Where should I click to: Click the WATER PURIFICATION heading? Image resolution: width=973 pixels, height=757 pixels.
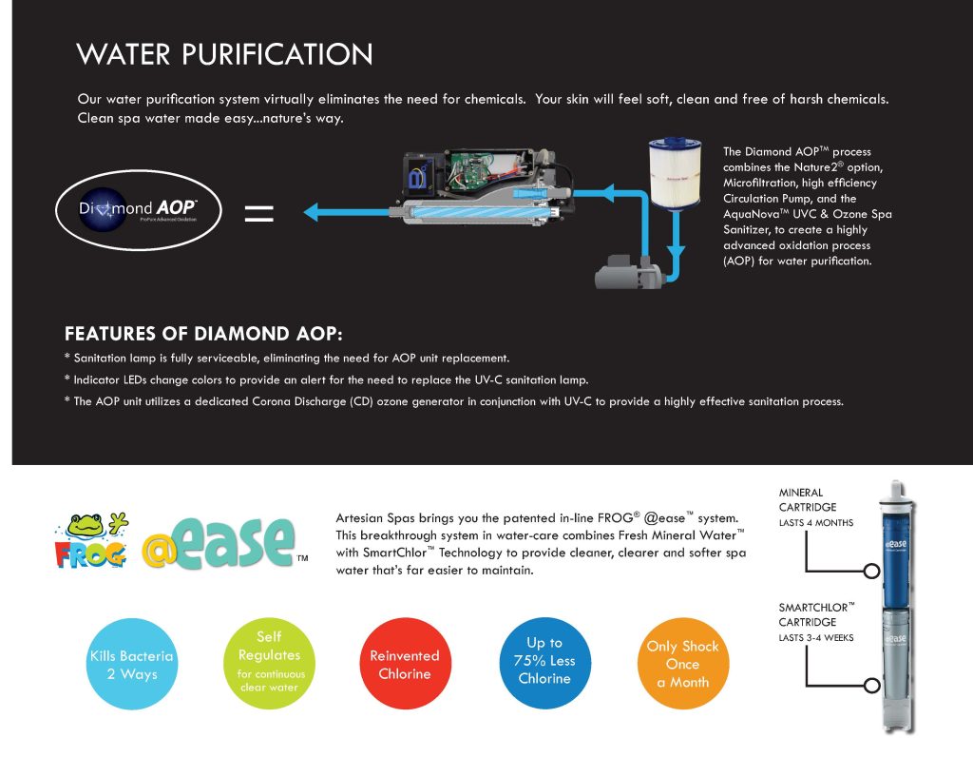pyautogui.click(x=224, y=53)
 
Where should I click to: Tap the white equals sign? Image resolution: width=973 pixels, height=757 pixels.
pyautogui.click(x=258, y=213)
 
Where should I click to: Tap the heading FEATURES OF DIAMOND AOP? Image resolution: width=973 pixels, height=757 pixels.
pyautogui.click(x=203, y=334)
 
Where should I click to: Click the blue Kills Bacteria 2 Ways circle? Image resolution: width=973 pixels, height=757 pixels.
pyautogui.click(x=124, y=664)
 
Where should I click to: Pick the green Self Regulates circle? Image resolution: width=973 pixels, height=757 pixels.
pyautogui.click(x=269, y=661)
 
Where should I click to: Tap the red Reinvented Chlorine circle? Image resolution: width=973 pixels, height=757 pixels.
pyautogui.click(x=404, y=665)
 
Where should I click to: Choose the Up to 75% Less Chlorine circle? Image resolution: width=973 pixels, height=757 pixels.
pyautogui.click(x=544, y=661)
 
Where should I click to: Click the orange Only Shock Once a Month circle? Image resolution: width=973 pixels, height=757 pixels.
pyautogui.click(x=682, y=664)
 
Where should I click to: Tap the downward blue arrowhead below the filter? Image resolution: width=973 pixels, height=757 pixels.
pyautogui.click(x=675, y=252)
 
